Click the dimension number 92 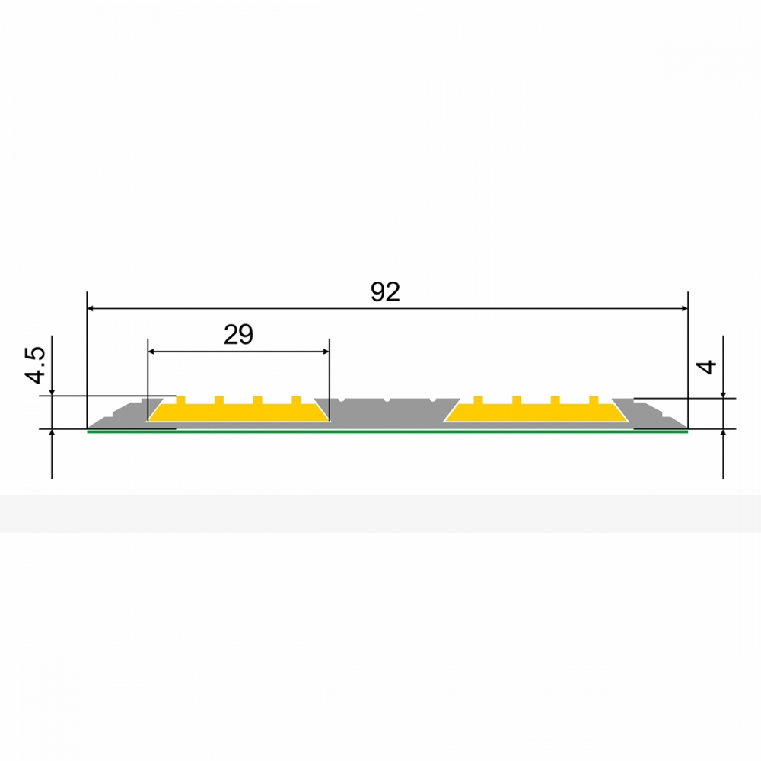pyautogui.click(x=385, y=291)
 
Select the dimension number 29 pyautogui.click(x=238, y=334)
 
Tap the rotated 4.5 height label pyautogui.click(x=36, y=365)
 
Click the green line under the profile pyautogui.click(x=387, y=431)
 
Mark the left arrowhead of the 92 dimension pyautogui.click(x=91, y=308)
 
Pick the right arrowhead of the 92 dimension pyautogui.click(x=684, y=308)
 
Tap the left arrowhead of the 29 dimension pyautogui.click(x=151, y=352)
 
